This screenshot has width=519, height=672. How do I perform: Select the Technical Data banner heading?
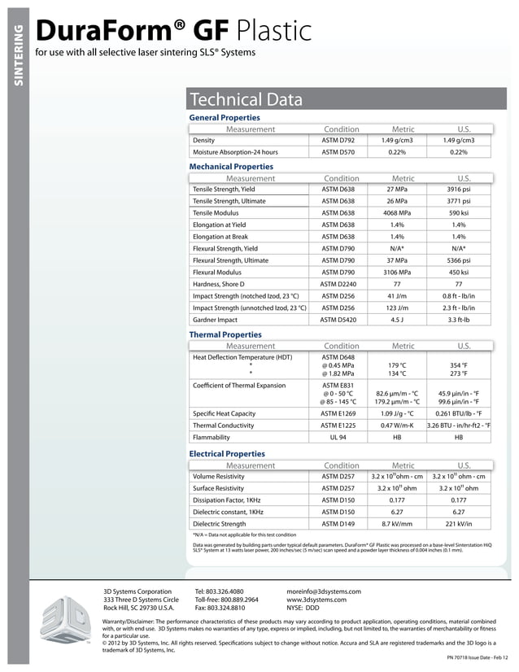[x=246, y=100]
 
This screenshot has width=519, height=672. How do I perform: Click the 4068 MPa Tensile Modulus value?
[x=397, y=212]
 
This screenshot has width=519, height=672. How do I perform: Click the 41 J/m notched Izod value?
[x=397, y=296]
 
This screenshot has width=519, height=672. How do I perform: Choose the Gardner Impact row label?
[x=215, y=320]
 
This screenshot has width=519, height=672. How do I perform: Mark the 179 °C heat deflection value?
[x=397, y=365]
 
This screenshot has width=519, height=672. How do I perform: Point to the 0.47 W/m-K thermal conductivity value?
[x=397, y=425]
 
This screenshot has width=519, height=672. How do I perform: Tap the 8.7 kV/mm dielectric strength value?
[x=397, y=523]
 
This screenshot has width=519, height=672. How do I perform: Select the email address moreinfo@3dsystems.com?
[x=323, y=591]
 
